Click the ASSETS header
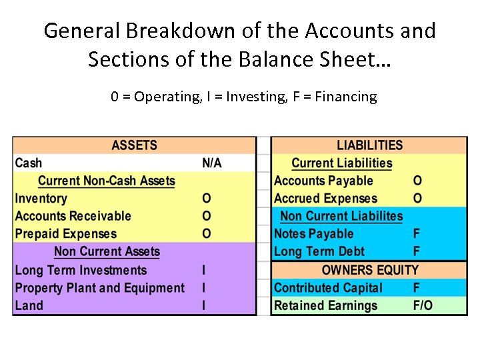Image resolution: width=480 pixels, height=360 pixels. [135, 145]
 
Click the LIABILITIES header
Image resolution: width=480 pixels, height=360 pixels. [369, 145]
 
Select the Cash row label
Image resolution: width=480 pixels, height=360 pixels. [29, 163]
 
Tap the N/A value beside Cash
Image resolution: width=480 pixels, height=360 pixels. [212, 163]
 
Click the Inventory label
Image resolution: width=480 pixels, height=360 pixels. [41, 199]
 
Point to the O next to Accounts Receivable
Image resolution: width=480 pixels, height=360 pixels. [207, 216]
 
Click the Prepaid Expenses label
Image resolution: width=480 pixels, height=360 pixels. [66, 234]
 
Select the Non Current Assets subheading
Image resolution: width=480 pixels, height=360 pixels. [107, 252]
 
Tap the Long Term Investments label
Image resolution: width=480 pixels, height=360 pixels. [81, 270]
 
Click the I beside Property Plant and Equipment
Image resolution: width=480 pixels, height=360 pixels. [204, 288]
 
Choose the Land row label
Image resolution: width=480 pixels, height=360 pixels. [29, 306]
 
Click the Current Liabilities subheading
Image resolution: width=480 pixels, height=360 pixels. [341, 163]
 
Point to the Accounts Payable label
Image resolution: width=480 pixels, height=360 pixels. [323, 181]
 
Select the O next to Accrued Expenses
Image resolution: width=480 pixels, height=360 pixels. [417, 199]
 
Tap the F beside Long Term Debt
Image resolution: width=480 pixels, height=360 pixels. [417, 252]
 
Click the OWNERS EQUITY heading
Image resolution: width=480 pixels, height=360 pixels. [370, 270]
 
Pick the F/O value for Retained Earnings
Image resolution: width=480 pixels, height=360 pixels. [423, 306]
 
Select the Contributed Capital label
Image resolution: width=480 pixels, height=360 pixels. [328, 288]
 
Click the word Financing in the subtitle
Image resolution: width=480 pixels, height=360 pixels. [345, 97]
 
